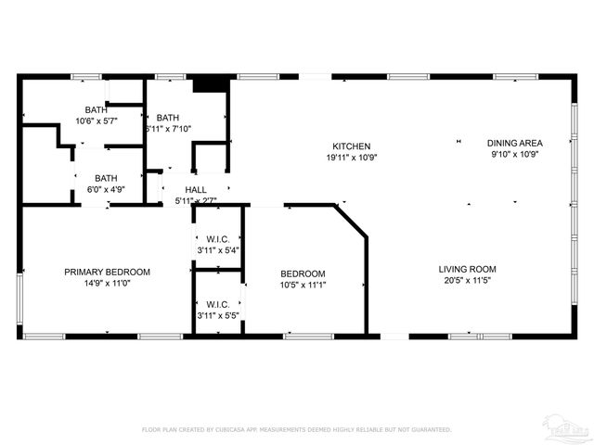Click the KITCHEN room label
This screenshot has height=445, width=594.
tap(352, 146)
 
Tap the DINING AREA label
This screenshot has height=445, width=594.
tap(515, 143)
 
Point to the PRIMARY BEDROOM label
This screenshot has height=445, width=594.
tap(107, 272)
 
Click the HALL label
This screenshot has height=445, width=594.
tap(195, 189)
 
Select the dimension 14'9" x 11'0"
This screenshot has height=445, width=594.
tap(107, 284)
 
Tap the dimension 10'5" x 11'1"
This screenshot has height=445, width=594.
tap(303, 285)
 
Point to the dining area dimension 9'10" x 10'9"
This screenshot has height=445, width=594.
tap(515, 155)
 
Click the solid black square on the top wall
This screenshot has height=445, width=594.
tap(212, 83)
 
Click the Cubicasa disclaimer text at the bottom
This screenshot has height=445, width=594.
tap(296, 429)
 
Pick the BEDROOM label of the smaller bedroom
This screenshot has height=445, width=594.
tap(303, 273)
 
